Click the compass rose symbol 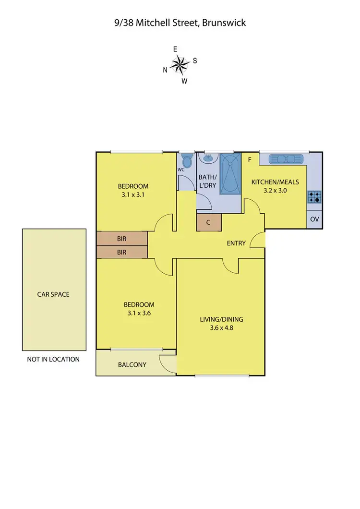coord(180,64)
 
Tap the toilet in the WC coord(186,160)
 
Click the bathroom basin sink coord(208,158)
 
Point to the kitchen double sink coord(286,159)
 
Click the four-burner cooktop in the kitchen coord(314,196)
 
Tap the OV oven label coord(314,219)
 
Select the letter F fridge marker coord(249,160)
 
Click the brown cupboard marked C coord(209,222)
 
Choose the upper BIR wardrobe coord(121,238)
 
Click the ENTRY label coord(236,243)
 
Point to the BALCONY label coord(132,364)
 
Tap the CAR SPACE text coord(53,294)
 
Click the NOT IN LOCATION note coord(53,359)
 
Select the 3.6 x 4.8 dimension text coord(221,328)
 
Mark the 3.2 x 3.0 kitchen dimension coord(274,190)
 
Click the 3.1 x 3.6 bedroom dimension coord(139,314)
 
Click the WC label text coord(181,170)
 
